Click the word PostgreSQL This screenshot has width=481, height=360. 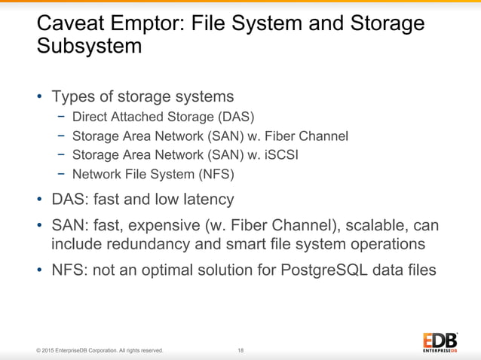point(320,269)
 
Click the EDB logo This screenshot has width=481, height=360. point(439,340)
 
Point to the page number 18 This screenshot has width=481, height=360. point(240,350)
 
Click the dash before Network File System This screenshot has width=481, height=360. point(60,175)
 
